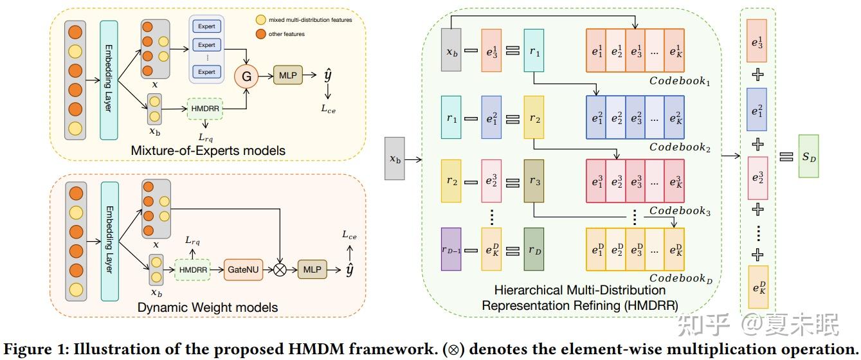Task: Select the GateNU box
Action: [243, 270]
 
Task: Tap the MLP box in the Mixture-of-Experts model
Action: [287, 76]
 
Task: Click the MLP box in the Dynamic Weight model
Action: [312, 270]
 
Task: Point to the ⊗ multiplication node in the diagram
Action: [280, 270]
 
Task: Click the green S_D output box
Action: [808, 156]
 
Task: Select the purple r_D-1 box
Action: [451, 249]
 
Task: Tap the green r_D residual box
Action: [534, 249]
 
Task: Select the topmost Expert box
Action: [206, 27]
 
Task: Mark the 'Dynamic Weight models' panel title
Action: [208, 307]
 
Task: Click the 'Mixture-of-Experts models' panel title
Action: [208, 150]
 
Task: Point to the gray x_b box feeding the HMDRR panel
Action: [395, 158]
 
